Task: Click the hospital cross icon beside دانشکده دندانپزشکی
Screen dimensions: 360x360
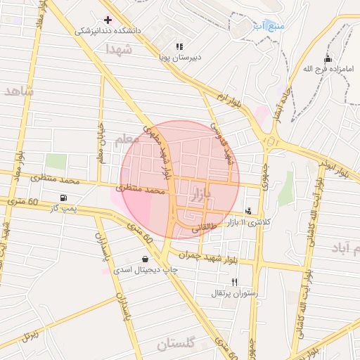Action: pos(107,19)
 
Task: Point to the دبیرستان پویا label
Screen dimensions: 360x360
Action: pos(179,58)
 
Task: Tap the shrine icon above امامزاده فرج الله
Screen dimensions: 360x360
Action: pos(328,58)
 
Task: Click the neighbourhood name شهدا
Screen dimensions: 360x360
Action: pos(119,49)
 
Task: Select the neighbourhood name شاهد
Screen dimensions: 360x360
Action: pos(18,91)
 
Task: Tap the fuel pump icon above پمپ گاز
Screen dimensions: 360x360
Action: pos(64,198)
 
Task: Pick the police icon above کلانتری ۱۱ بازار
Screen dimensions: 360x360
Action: pos(248,211)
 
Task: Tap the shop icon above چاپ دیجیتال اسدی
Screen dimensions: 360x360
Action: pos(145,259)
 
